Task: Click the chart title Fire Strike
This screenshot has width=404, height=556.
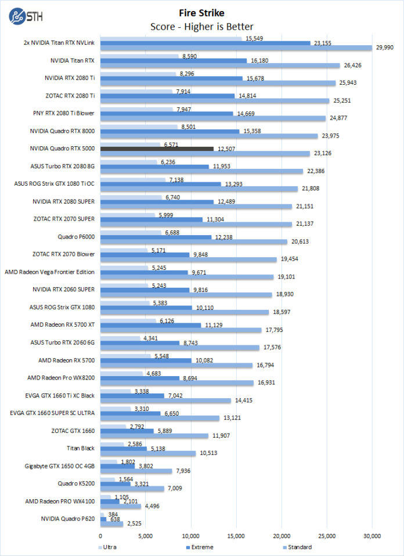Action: pos(201,12)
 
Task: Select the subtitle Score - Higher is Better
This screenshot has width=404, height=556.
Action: pos(201,26)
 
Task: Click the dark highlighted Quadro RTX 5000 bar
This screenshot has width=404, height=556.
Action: pos(157,149)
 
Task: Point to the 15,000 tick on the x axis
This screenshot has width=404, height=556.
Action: pos(236,536)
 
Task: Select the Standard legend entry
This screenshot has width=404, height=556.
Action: pos(298,547)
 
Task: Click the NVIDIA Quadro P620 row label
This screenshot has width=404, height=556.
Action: pos(68,518)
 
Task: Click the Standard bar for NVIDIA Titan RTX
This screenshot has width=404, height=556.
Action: pos(220,66)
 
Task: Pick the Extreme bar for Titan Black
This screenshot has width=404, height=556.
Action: pos(124,449)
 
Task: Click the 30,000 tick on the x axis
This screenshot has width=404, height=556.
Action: pos(372,536)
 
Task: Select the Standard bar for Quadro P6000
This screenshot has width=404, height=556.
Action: pos(194,241)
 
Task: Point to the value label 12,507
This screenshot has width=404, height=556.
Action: pos(227,149)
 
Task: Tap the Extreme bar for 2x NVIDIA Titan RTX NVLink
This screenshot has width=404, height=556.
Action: pos(205,43)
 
